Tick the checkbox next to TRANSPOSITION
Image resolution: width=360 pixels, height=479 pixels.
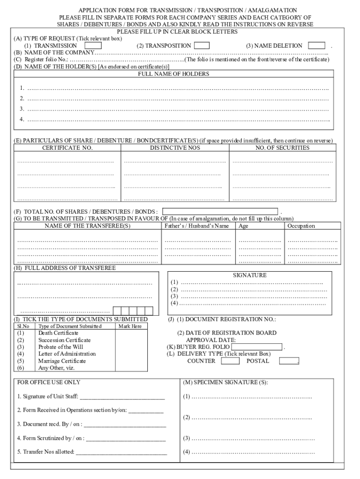pyautogui.click(x=202, y=46)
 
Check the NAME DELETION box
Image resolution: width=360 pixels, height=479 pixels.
pyautogui.click(x=317, y=46)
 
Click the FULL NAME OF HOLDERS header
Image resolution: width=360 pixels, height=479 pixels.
pyautogui.click(x=173, y=74)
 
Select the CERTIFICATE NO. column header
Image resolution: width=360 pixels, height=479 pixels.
pyautogui.click(x=67, y=148)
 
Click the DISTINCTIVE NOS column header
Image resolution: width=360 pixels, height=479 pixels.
pyautogui.click(x=175, y=148)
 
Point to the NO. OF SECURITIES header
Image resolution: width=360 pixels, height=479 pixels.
pyautogui.click(x=282, y=148)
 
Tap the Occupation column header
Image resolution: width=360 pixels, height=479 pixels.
pyautogui.click(x=301, y=226)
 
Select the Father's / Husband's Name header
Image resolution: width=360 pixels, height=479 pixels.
pyautogui.click(x=197, y=226)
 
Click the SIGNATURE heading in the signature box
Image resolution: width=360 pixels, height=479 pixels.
pyautogui.click(x=250, y=276)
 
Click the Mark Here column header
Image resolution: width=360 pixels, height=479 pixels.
pyautogui.click(x=130, y=326)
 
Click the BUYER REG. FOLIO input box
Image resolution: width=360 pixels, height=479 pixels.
pyautogui.click(x=257, y=347)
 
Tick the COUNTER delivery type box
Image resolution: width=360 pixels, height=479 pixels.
pyautogui.click(x=230, y=361)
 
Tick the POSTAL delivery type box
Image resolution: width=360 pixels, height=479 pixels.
pyautogui.click(x=289, y=361)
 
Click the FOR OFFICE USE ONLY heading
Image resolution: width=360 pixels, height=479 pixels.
pyautogui.click(x=49, y=382)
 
